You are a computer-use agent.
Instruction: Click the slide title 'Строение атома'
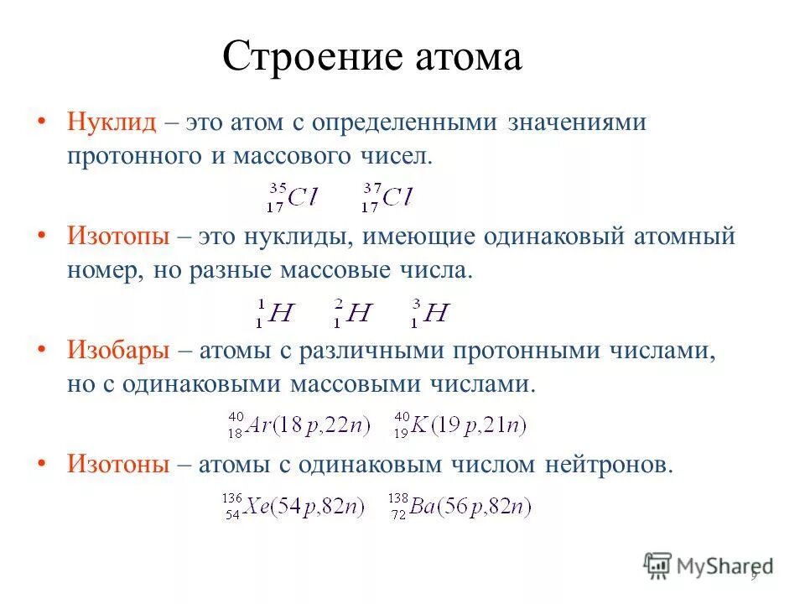[372, 57]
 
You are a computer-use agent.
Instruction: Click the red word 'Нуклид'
[112, 122]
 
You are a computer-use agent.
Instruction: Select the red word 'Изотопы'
[119, 237]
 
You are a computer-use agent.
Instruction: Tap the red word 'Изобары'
[119, 351]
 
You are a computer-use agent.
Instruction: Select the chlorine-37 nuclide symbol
[388, 197]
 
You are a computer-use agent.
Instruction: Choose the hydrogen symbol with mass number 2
[352, 313]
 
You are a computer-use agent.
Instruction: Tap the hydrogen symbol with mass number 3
[431, 313]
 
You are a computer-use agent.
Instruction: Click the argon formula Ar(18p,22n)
[299, 425]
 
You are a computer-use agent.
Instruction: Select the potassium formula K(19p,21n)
[460, 425]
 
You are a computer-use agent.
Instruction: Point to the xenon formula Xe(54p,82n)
[294, 507]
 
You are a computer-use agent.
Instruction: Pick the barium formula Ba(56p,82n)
[460, 507]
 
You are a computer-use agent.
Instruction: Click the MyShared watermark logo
[708, 565]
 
